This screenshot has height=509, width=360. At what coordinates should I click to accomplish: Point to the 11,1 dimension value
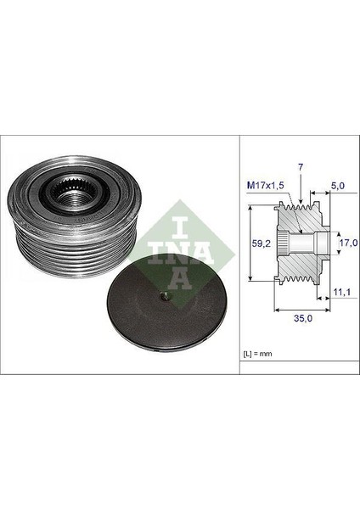[x=340, y=293]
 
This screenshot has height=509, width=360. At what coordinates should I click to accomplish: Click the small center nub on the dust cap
[x=164, y=296]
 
